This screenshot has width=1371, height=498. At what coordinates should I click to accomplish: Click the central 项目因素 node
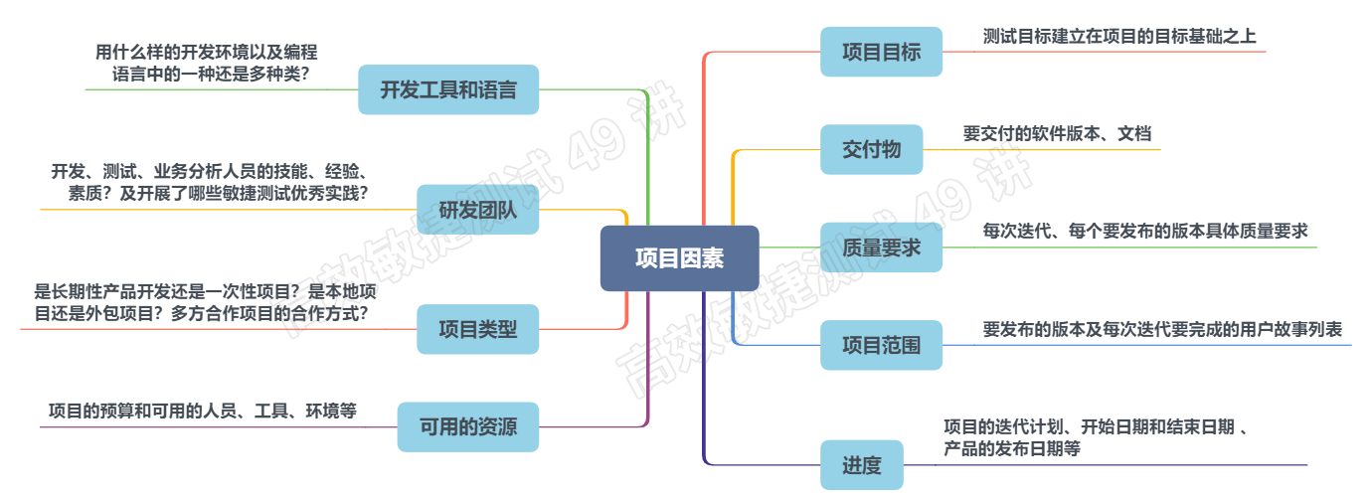pyautogui.click(x=679, y=258)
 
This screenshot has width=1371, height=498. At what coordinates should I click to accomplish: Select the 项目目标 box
pyautogui.click(x=881, y=52)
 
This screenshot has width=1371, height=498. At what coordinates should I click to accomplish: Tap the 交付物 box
pyautogui.click(x=871, y=150)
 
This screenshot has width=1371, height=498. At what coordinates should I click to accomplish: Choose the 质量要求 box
pyautogui.click(x=881, y=248)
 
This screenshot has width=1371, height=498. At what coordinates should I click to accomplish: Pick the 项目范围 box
pyautogui.click(x=881, y=345)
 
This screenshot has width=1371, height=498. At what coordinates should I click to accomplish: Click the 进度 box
pyautogui.click(x=861, y=464)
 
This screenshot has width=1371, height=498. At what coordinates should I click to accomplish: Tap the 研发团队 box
pyautogui.click(x=477, y=210)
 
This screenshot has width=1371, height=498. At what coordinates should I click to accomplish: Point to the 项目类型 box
pyautogui.click(x=477, y=329)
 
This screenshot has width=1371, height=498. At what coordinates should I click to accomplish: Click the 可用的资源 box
pyautogui.click(x=467, y=427)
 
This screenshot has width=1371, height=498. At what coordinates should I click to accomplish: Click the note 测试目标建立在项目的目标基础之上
pyautogui.click(x=1119, y=37)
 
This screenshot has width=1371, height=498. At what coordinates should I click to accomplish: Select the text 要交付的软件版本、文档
pyautogui.click(x=1057, y=133)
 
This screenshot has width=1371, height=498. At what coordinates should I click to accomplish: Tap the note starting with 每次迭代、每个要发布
pyautogui.click(x=1145, y=232)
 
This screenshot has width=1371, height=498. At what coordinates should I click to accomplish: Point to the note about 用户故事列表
pyautogui.click(x=1162, y=329)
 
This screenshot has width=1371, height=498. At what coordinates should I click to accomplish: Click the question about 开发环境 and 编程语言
pyautogui.click(x=207, y=63)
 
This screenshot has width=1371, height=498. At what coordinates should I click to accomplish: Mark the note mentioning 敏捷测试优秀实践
pyautogui.click(x=211, y=182)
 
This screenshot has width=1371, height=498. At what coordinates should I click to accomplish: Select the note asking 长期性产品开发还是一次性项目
pyautogui.click(x=206, y=302)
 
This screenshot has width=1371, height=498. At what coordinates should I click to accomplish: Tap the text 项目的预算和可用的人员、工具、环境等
pyautogui.click(x=203, y=410)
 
